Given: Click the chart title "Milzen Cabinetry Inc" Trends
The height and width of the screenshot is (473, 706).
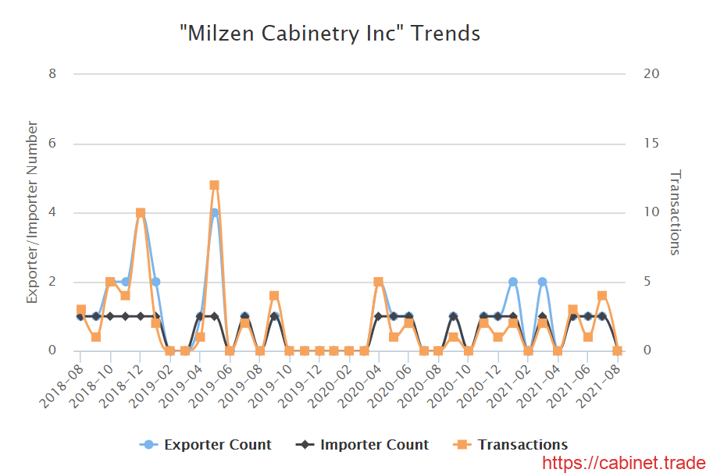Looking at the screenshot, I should (x=329, y=34).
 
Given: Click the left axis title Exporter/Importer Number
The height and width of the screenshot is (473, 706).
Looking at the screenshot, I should (x=33, y=212).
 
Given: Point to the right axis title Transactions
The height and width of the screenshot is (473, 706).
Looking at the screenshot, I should (x=676, y=212).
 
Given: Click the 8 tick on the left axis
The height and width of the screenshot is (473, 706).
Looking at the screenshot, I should (x=52, y=74).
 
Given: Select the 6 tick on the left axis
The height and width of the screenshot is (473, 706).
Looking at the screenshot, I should (x=52, y=144).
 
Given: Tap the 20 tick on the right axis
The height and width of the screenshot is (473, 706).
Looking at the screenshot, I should (x=651, y=74).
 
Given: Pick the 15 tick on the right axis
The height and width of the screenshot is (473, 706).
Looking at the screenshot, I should (x=651, y=144).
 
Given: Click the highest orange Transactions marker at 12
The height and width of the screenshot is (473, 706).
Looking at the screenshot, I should (x=214, y=185).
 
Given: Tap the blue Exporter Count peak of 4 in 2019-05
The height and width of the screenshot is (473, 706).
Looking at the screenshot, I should (x=214, y=213).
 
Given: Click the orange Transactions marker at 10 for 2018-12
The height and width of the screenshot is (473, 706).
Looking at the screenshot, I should (x=141, y=213).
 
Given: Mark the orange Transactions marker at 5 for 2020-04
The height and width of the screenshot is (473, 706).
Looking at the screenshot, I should (x=379, y=282).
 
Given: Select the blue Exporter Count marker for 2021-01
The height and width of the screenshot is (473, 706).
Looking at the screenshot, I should (x=513, y=282).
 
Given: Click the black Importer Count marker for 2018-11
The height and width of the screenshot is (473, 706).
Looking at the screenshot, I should (x=126, y=316).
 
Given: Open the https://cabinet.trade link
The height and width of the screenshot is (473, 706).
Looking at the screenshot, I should (x=623, y=463).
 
